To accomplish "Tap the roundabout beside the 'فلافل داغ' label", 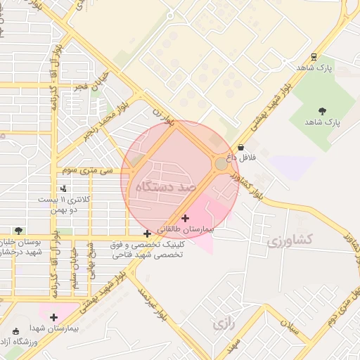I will pos(221,164).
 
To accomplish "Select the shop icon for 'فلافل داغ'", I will pos(242,148).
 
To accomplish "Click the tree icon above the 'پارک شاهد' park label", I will pos(323,110).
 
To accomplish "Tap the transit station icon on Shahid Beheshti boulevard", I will pos(312,57).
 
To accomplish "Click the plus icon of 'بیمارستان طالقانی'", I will pos(186,218).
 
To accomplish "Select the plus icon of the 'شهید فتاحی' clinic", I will pos(147,234).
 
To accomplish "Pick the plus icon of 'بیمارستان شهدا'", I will pos(54,317).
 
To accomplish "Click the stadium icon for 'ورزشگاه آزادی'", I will pos(16,330).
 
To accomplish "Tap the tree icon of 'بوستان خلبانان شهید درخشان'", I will pos(18,231).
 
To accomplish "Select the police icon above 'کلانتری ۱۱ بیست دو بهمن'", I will pos(64,188).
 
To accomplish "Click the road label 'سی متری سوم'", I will pos(87,170).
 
